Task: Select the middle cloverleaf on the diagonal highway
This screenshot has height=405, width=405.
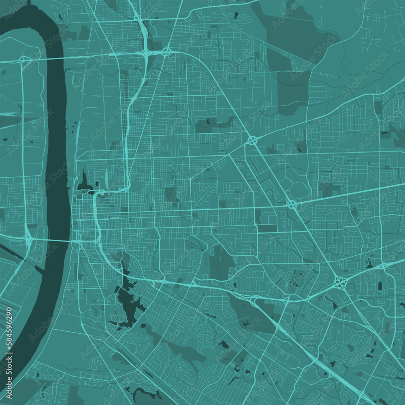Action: coord(292,203)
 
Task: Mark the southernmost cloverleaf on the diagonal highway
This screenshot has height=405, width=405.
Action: coord(340,282)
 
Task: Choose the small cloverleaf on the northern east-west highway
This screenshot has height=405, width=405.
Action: coord(166,51)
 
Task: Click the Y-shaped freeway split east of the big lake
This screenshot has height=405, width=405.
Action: coord(255,300)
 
